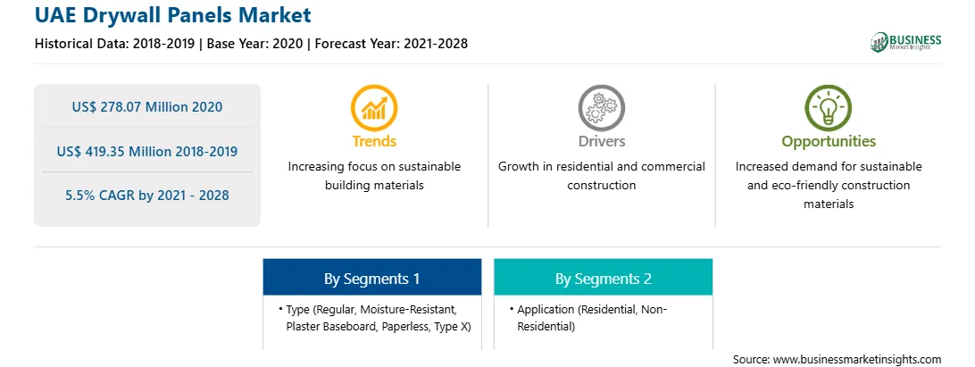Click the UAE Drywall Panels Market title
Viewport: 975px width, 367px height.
pyautogui.click(x=173, y=14)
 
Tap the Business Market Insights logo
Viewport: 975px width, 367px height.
pyautogui.click(x=906, y=42)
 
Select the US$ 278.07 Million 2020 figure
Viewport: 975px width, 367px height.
pyautogui.click(x=146, y=106)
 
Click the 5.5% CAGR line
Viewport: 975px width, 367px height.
pyautogui.click(x=146, y=196)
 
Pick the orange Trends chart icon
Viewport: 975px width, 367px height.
pyautogui.click(x=374, y=108)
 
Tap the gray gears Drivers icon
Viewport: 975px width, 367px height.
pyautogui.click(x=601, y=108)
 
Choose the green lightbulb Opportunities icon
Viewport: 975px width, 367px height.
pyautogui.click(x=829, y=108)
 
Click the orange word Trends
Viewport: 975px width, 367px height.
pyautogui.click(x=374, y=141)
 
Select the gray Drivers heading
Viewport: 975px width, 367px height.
pyautogui.click(x=601, y=141)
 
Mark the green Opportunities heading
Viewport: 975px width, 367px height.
pyautogui.click(x=829, y=142)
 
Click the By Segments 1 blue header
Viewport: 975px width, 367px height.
pyautogui.click(x=371, y=278)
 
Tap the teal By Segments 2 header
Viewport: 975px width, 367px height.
pyautogui.click(x=604, y=278)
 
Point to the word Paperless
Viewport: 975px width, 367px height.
pyautogui.click(x=405, y=326)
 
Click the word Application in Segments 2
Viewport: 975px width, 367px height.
pyautogui.click(x=546, y=310)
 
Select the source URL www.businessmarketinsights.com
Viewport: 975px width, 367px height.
pyautogui.click(x=857, y=359)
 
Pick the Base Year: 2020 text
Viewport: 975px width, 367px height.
pyautogui.click(x=255, y=44)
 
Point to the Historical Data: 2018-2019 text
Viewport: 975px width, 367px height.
pyautogui.click(x=114, y=44)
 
